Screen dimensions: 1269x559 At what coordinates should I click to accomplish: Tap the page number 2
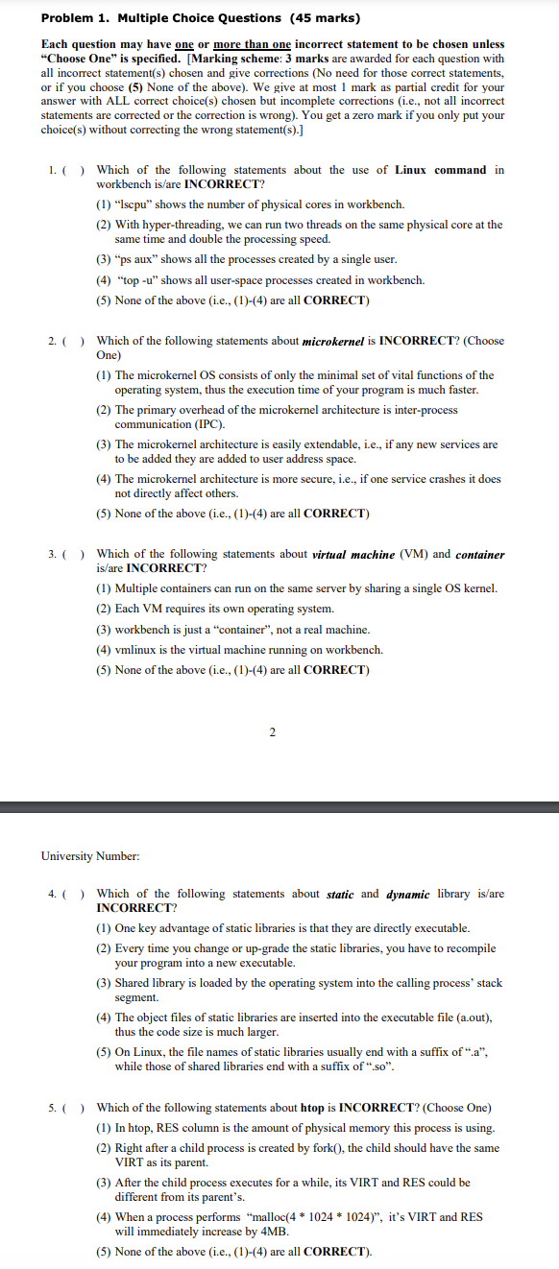(272, 733)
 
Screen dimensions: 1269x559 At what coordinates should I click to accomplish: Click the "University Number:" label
(90, 855)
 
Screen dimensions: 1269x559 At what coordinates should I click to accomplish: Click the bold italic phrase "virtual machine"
(352, 554)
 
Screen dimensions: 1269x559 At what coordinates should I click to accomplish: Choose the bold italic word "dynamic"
(407, 894)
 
